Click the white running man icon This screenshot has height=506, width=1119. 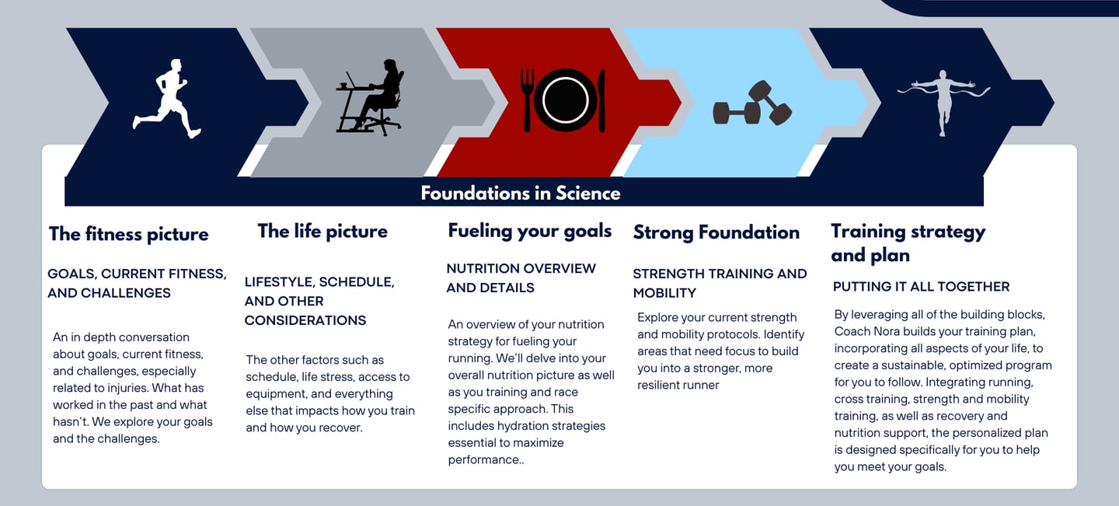(x=167, y=99)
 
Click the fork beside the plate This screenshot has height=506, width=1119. (x=528, y=99)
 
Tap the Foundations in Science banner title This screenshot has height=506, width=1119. (x=521, y=193)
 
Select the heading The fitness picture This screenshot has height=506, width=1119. (x=129, y=234)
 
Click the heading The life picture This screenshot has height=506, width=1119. (x=322, y=231)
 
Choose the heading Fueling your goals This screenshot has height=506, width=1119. (x=530, y=231)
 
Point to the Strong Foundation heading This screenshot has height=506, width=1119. (x=716, y=232)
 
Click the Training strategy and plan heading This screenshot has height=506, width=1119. (x=908, y=243)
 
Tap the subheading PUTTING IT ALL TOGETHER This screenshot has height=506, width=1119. (x=921, y=287)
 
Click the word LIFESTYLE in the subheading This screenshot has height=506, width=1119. (x=277, y=282)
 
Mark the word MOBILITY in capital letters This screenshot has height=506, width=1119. (x=664, y=293)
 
